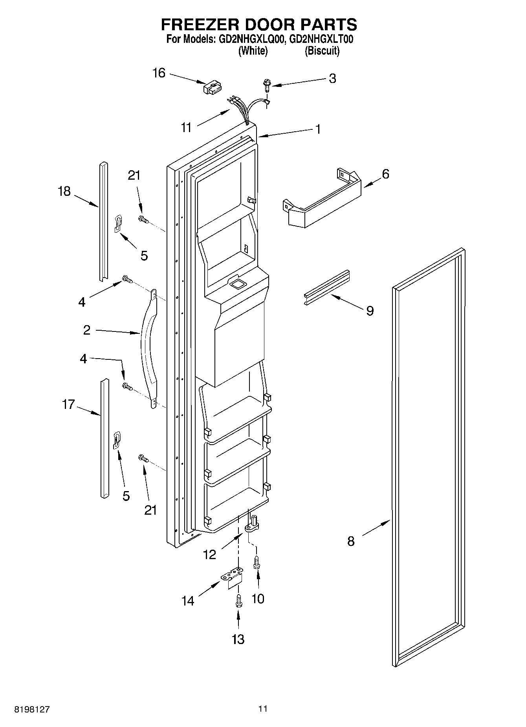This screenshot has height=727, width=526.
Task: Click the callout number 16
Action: click(x=159, y=73)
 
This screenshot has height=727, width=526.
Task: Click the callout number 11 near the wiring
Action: click(x=186, y=127)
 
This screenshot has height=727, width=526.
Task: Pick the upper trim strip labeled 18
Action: click(x=103, y=222)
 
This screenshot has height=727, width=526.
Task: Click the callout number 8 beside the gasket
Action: click(x=350, y=541)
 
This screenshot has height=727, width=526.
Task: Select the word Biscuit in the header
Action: click(x=322, y=51)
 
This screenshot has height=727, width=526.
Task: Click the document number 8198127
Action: click(x=32, y=709)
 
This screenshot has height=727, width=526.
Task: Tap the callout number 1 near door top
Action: click(x=318, y=129)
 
